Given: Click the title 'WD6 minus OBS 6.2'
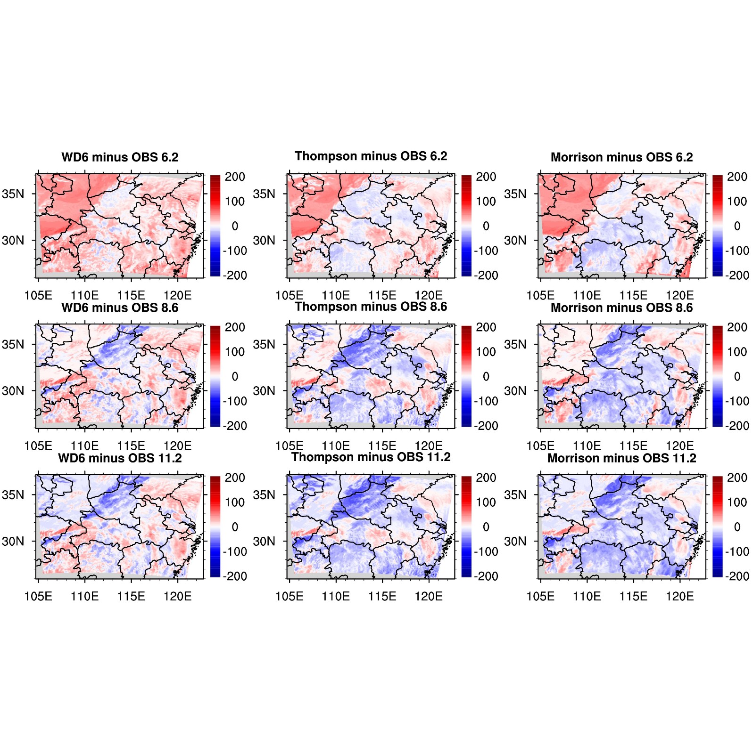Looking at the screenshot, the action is click(x=120, y=157).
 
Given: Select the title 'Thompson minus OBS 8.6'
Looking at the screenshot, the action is click(x=371, y=307).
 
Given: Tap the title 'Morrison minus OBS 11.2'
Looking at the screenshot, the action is click(x=621, y=458).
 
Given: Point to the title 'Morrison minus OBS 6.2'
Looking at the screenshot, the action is click(x=621, y=157).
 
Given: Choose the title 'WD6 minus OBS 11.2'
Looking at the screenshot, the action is click(x=120, y=458).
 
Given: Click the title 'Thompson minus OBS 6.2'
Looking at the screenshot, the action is click(x=371, y=156).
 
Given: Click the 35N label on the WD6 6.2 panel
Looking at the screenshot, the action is click(x=13, y=194).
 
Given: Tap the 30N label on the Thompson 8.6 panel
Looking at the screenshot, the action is click(x=264, y=391).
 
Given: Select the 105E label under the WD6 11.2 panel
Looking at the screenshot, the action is click(x=38, y=597).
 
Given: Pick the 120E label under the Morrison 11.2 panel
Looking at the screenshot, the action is click(x=679, y=597).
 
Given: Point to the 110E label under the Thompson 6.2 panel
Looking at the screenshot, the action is click(x=336, y=296).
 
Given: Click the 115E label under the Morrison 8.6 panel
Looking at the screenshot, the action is click(x=633, y=446).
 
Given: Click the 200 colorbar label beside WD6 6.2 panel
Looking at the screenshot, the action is click(x=235, y=177).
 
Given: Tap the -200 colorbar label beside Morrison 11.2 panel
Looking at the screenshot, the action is click(x=737, y=576).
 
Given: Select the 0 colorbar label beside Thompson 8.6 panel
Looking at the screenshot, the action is click(x=486, y=377).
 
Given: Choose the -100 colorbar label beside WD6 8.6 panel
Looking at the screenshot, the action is click(x=235, y=401).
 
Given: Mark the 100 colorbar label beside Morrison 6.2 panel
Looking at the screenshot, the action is click(x=737, y=202).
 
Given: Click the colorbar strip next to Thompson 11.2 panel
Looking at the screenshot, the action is click(x=466, y=526).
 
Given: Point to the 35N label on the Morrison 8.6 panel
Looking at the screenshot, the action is click(x=515, y=345).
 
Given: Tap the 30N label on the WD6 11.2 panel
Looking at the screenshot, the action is click(x=13, y=542).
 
